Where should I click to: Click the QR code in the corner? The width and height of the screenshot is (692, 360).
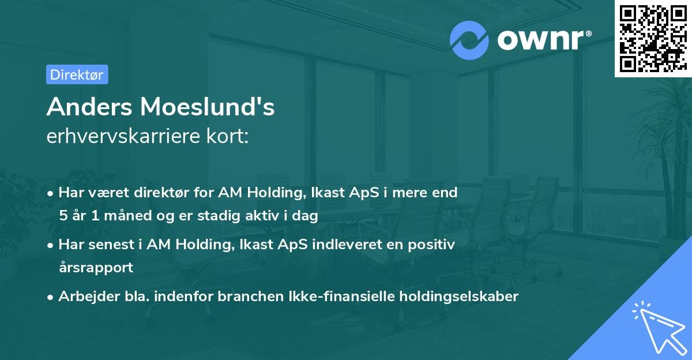point(653,38)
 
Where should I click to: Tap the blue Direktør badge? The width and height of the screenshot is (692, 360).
point(77,74)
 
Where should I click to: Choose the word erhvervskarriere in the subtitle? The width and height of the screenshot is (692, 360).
point(121,137)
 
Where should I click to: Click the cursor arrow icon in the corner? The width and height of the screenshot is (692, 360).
point(657,327)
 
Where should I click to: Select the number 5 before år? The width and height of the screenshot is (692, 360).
point(63,216)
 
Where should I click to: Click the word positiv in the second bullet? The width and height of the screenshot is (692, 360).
point(432,245)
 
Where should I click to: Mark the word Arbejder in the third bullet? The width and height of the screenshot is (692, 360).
point(84,297)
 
